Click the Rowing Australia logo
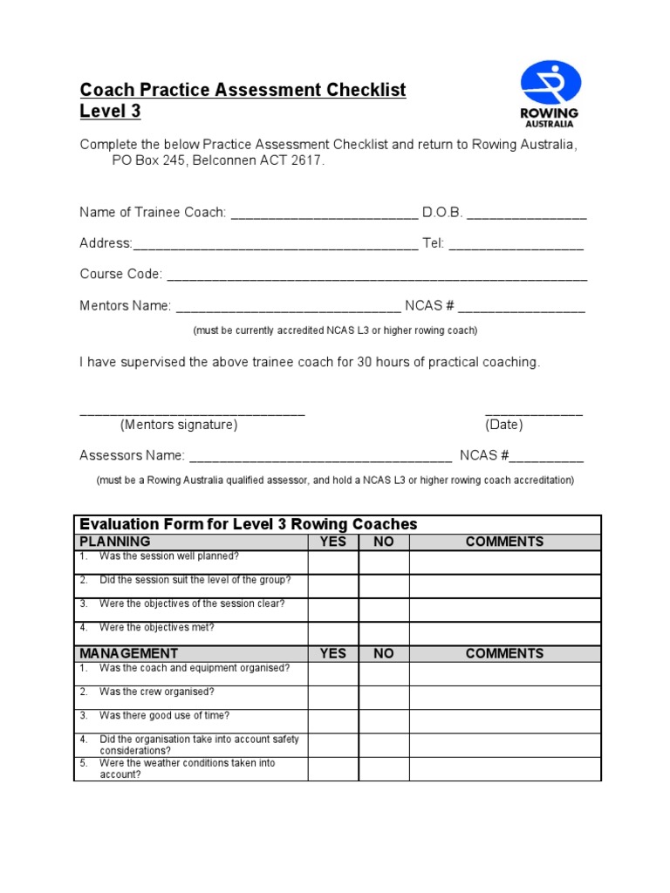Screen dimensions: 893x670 pyautogui.click(x=549, y=94)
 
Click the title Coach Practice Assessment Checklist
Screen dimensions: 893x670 pyautogui.click(x=243, y=90)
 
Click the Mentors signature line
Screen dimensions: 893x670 pyautogui.click(x=192, y=413)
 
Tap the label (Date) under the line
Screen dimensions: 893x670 pyautogui.click(x=504, y=426)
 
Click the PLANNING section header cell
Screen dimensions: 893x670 pyautogui.click(x=191, y=542)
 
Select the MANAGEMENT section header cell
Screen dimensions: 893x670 pyautogui.click(x=191, y=653)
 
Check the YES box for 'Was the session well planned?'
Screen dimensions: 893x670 pyautogui.click(x=332, y=562)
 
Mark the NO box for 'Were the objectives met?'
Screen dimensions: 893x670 pyautogui.click(x=384, y=633)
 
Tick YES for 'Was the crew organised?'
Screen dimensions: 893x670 pyautogui.click(x=332, y=698)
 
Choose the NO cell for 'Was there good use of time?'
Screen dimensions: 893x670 pyautogui.click(x=384, y=721)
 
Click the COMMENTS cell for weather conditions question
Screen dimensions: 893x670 pyautogui.click(x=504, y=768)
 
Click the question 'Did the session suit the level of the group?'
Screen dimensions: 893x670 pyautogui.click(x=195, y=580)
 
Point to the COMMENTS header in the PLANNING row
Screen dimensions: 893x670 pyautogui.click(x=504, y=542)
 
